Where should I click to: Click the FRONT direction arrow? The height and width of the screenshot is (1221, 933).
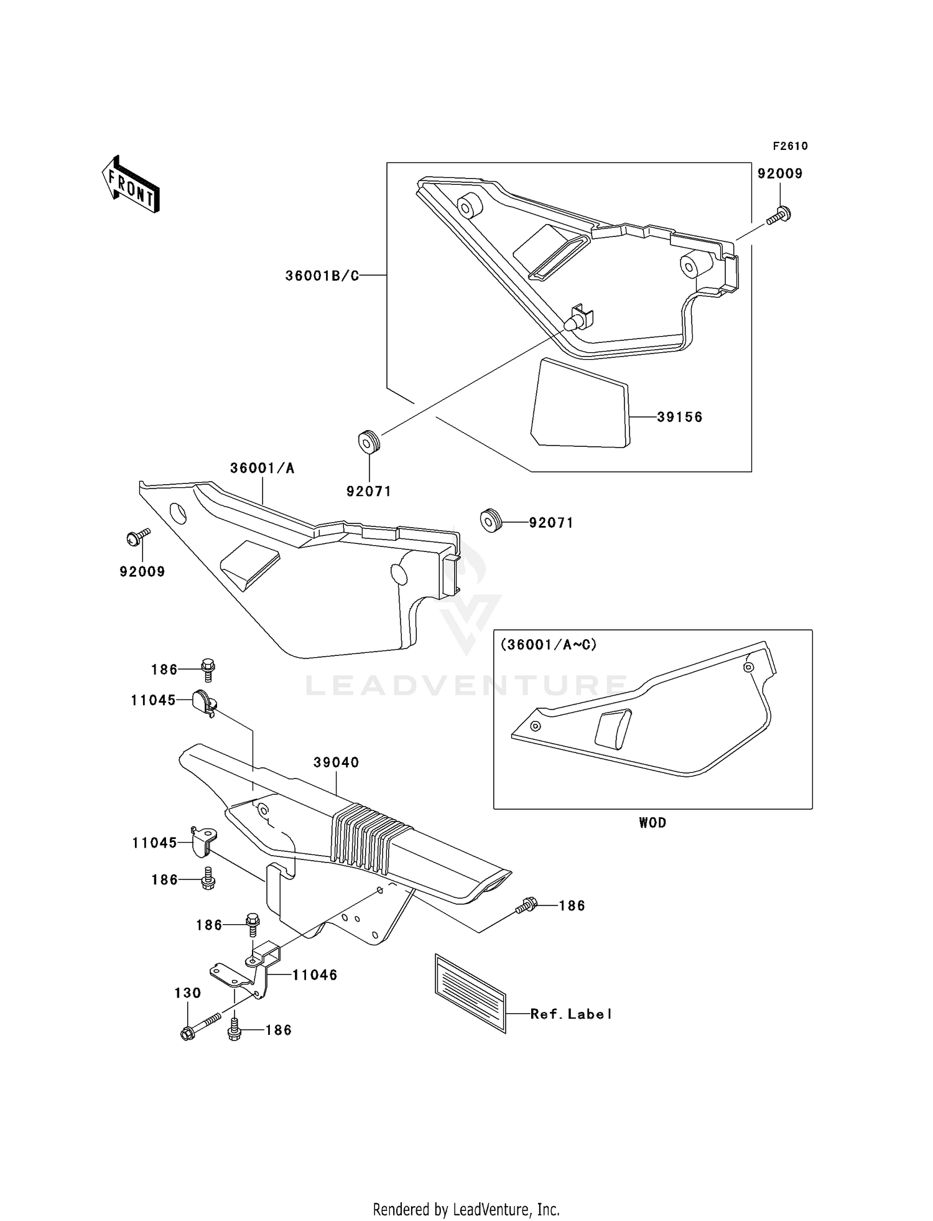click(x=131, y=185)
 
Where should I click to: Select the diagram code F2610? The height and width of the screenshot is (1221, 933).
click(x=790, y=146)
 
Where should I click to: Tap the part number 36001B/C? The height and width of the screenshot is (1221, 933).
click(x=322, y=276)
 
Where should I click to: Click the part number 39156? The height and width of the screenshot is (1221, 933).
click(x=680, y=417)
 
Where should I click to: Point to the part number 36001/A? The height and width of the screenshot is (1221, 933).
click(x=262, y=468)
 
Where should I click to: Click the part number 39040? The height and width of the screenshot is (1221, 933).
click(x=336, y=762)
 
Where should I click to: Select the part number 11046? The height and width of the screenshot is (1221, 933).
click(x=315, y=975)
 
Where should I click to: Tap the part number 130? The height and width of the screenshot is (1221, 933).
click(x=187, y=993)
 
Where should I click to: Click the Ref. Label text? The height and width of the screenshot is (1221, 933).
click(x=571, y=1014)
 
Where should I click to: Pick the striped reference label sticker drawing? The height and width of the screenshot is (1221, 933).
click(x=470, y=993)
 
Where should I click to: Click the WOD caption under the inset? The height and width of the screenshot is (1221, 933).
click(x=652, y=823)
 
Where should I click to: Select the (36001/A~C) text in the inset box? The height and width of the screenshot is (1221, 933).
click(x=549, y=645)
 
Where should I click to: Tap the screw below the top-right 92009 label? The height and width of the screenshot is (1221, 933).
click(x=779, y=216)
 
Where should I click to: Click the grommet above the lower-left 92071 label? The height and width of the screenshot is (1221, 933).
click(x=368, y=442)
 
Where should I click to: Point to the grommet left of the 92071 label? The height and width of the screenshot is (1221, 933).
click(x=491, y=520)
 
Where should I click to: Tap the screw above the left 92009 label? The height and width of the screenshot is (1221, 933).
click(x=137, y=536)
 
